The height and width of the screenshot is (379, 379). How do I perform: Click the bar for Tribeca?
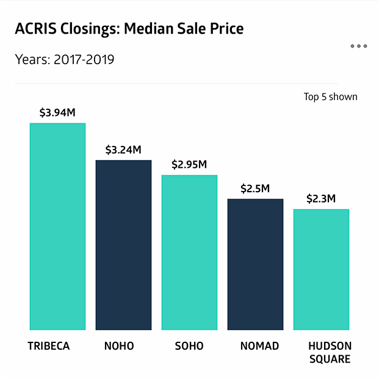coord(58,226)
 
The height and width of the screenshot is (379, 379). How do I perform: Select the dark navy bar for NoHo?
coord(123,245)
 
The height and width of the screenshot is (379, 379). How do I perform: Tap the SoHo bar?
coord(189,252)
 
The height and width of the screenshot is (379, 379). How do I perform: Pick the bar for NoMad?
coord(255,264)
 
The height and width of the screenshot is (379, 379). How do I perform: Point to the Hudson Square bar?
coord(321,269)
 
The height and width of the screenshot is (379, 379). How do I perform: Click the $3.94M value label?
coord(57,113)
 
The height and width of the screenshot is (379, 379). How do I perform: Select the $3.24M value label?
coord(123,150)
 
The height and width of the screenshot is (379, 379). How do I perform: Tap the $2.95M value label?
coord(189,165)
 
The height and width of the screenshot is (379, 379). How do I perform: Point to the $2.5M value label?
coord(255,189)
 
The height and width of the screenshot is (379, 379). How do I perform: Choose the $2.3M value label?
coord(321,199)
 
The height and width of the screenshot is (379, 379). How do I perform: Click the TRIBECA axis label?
coord(49,346)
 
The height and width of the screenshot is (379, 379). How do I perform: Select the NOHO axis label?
coord(118,346)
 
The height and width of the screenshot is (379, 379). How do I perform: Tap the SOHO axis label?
coord(189,346)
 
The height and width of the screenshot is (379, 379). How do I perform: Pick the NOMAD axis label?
coord(259,346)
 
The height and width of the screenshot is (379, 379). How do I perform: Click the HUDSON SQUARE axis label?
coord(330,352)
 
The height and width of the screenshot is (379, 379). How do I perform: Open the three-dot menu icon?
coord(359,46)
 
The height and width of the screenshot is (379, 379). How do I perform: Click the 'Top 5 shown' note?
coord(330,96)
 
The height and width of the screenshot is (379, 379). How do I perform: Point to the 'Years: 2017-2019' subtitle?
coord(64,60)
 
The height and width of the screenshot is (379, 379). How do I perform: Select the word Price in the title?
coord(227,29)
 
